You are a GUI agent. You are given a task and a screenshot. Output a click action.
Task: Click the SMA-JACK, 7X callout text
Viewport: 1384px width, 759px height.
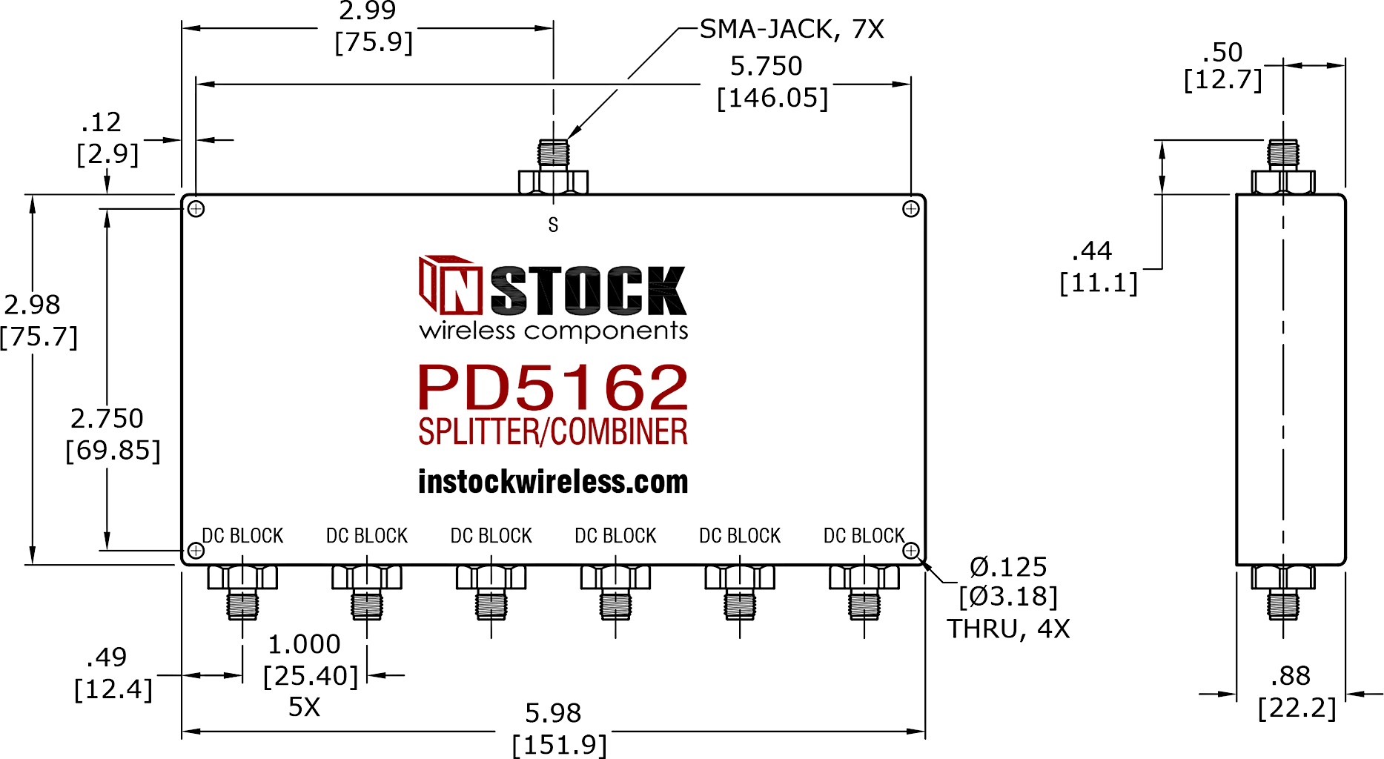click(x=792, y=30)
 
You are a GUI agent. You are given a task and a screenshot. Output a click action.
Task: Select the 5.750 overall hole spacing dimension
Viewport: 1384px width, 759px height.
click(x=767, y=66)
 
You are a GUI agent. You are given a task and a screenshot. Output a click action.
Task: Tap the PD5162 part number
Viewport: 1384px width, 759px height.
click(x=553, y=387)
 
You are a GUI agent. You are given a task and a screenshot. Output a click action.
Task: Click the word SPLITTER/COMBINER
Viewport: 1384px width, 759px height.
click(x=553, y=431)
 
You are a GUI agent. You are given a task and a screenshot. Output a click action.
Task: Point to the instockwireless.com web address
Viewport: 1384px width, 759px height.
click(x=553, y=482)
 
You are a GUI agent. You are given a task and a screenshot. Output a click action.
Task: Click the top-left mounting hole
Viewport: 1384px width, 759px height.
click(x=196, y=209)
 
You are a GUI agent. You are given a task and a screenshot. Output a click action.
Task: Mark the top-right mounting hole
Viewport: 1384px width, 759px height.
click(x=911, y=209)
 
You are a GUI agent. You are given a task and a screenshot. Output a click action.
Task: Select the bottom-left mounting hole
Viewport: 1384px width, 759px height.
click(x=196, y=551)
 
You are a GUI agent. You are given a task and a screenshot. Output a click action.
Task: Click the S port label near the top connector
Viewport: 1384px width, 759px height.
click(x=553, y=225)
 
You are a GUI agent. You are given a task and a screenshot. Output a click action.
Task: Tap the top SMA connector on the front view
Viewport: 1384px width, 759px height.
click(x=553, y=167)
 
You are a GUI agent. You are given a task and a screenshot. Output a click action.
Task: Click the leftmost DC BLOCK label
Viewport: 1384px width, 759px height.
click(x=243, y=536)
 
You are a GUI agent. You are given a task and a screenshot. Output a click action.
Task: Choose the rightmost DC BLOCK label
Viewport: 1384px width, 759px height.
click(x=864, y=536)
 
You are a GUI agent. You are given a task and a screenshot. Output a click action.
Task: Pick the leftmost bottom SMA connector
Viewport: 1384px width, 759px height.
click(x=242, y=592)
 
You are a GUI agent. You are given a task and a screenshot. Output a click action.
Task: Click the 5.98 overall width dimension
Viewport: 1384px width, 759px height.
click(x=553, y=713)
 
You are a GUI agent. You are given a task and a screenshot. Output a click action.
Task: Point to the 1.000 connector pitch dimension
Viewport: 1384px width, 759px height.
click(x=304, y=644)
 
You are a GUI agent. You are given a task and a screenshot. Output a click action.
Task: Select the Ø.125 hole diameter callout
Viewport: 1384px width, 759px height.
click(x=1008, y=567)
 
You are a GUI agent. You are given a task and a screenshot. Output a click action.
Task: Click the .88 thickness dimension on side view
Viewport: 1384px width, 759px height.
click(x=1291, y=676)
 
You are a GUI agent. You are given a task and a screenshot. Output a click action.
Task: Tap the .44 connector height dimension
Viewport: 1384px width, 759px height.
click(x=1092, y=251)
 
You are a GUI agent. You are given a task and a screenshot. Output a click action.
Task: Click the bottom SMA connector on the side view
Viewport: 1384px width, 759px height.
click(x=1283, y=592)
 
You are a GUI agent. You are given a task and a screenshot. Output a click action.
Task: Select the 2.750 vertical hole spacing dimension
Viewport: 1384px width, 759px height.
click(x=107, y=419)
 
